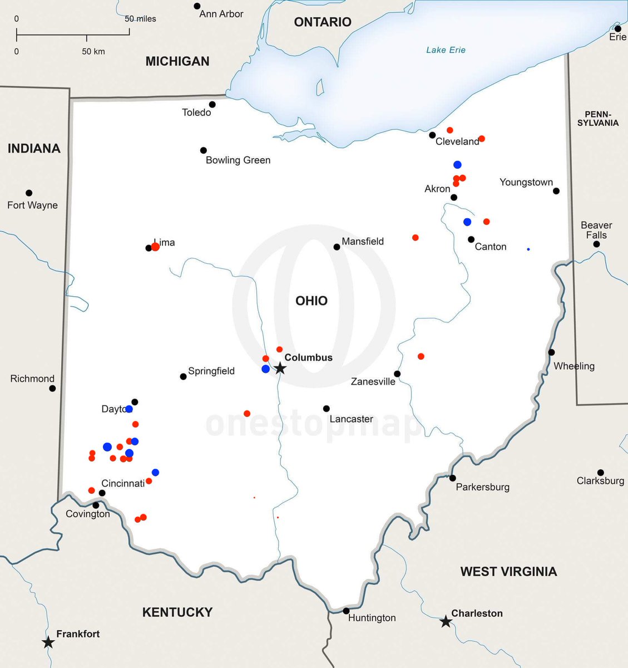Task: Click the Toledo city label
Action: pos(196,112)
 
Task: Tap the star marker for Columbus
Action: pos(280,369)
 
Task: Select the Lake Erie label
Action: pos(446,50)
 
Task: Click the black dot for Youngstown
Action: pos(556,191)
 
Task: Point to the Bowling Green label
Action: pos(238,160)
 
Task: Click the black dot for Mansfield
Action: pos(337,247)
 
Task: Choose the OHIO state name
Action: pos(311,301)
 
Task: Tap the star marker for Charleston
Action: pos(446,621)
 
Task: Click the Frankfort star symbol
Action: pos(48,642)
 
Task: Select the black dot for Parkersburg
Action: pos(453,478)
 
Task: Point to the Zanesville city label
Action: pos(373,382)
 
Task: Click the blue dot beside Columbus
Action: pos(266,369)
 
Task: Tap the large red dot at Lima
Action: pos(156,247)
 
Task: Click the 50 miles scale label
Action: pos(140,19)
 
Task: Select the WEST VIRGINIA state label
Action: pos(508,572)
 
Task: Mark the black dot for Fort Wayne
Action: pos(29,193)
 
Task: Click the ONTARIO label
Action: pos(323,22)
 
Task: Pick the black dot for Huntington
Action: pos(346,611)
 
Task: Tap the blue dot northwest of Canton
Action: pos(467,222)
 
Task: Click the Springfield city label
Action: pos(211,371)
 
